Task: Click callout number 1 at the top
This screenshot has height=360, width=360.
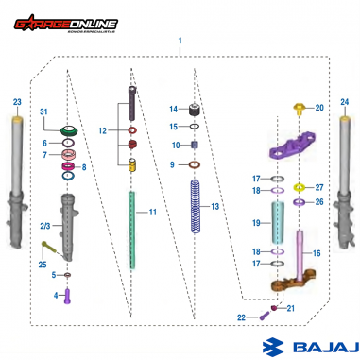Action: (180, 42)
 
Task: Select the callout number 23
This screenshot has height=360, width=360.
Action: (16, 102)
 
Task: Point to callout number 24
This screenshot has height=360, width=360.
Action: (344, 101)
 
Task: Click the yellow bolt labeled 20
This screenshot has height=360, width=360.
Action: (300, 110)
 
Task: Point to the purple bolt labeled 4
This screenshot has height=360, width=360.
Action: (67, 295)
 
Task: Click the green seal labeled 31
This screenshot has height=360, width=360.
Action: (69, 129)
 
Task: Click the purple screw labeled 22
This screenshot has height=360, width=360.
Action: (264, 317)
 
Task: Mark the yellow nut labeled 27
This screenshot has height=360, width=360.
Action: (300, 187)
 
